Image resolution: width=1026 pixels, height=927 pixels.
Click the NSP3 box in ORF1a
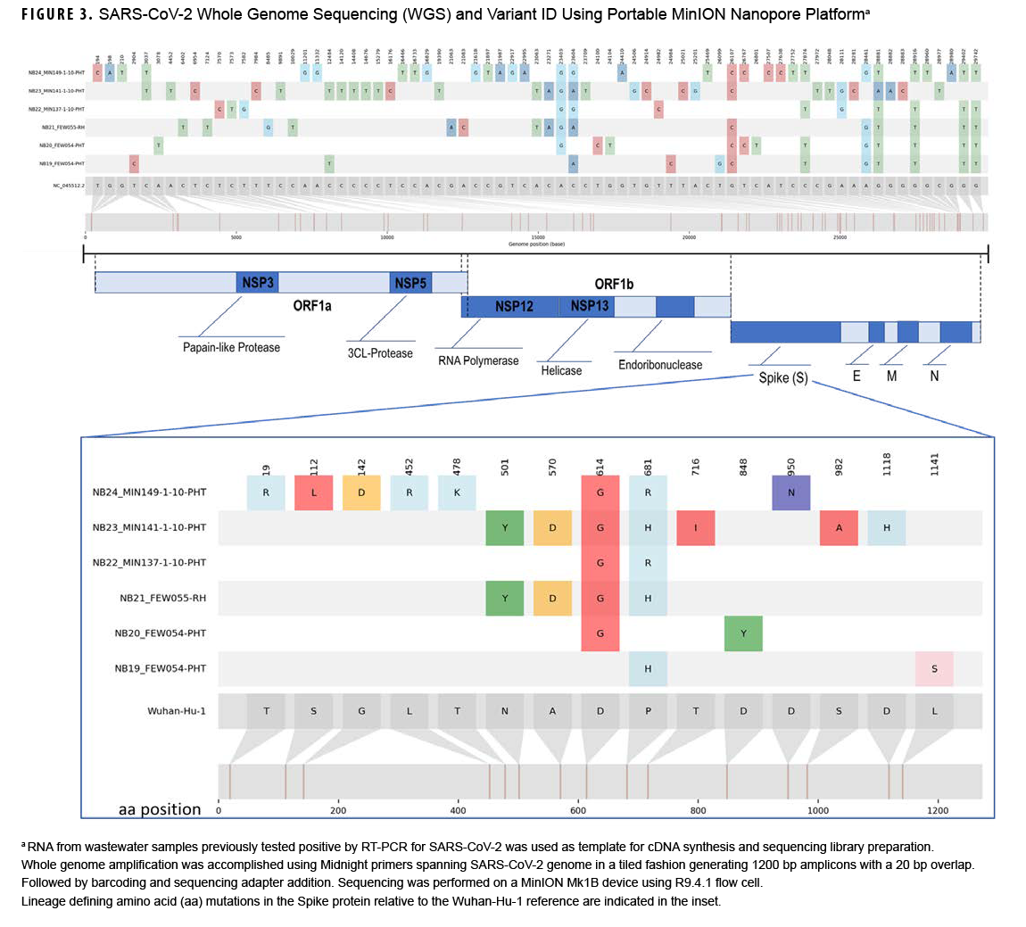tap(257, 283)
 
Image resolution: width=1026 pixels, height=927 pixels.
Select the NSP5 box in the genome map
tap(410, 283)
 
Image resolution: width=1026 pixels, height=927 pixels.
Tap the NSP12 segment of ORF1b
tap(514, 306)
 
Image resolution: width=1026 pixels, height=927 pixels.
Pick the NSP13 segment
tap(589, 306)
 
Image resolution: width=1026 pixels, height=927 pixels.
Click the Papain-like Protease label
tap(231, 347)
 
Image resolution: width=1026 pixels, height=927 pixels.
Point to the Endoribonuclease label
tap(660, 364)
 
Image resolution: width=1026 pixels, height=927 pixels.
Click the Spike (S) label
tap(782, 377)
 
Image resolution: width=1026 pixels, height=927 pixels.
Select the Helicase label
tap(561, 370)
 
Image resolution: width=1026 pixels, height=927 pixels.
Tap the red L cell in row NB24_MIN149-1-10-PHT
tap(313, 492)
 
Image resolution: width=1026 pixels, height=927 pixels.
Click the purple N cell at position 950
tap(791, 492)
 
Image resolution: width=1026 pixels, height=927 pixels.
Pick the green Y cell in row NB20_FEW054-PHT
tap(743, 633)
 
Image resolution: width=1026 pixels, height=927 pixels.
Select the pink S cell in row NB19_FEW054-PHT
tap(934, 668)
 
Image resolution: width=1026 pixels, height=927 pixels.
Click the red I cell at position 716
tap(696, 527)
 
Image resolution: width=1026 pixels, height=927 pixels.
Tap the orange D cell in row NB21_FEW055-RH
tap(553, 598)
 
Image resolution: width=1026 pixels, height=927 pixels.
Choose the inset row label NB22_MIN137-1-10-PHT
tap(149, 563)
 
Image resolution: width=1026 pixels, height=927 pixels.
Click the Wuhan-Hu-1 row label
tap(177, 711)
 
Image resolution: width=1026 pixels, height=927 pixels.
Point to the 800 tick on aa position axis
tap(698, 810)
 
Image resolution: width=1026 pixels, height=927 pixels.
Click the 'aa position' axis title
tap(160, 809)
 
